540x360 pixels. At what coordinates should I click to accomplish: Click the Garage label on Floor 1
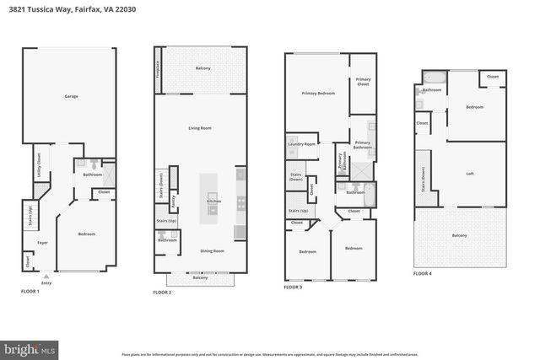tap(72, 97)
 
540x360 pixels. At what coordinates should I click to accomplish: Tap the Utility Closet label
tap(40, 167)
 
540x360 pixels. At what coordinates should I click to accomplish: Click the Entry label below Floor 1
tap(46, 282)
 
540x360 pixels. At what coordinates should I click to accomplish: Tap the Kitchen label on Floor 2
tap(213, 201)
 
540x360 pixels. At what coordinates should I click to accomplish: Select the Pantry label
tap(173, 202)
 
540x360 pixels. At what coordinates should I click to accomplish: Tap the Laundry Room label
tap(302, 144)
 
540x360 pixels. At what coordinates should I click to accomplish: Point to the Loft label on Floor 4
tap(470, 174)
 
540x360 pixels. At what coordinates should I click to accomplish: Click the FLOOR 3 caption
tap(293, 287)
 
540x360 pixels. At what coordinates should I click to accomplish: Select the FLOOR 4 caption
tap(422, 273)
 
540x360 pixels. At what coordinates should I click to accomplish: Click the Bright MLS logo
tap(30, 347)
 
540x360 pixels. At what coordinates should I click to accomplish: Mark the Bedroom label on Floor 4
tap(474, 107)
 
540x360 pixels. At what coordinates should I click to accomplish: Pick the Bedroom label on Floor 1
tap(87, 234)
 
